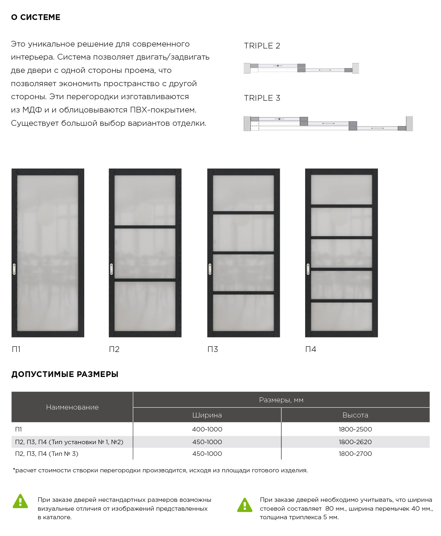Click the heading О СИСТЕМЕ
coord(35,17)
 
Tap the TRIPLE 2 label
coord(262,46)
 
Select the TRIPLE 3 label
coord(262,98)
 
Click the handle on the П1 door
coord(14,269)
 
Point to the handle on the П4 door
coord(308,269)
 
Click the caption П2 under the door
coord(114,349)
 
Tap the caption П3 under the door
coord(212,349)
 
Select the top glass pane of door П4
coord(341,189)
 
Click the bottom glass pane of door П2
coord(145,306)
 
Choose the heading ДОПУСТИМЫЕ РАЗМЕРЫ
coord(65,374)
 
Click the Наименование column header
coord(72,407)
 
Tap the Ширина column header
coord(207,415)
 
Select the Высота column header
coord(355,415)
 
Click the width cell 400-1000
coord(207,429)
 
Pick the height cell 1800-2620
coord(355,442)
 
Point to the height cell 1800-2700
coord(355,454)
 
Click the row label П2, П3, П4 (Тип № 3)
coord(47,454)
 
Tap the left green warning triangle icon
coord(20,501)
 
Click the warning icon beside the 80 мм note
coord(245,505)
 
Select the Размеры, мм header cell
coord(281,400)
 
